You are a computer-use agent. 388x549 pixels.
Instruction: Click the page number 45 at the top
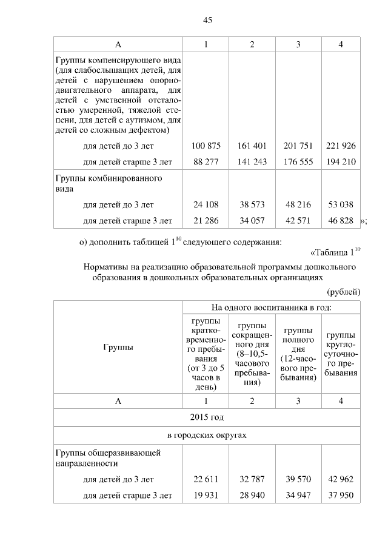(x=207, y=21)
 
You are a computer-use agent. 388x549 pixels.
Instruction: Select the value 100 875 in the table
(x=206, y=146)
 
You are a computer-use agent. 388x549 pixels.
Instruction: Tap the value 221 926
(x=340, y=146)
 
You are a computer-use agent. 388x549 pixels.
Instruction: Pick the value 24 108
(x=206, y=205)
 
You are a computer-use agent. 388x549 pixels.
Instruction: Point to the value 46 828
(x=340, y=220)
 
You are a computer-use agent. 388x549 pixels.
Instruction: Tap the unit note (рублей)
(x=344, y=291)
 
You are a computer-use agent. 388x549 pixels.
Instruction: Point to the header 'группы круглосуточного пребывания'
(x=340, y=354)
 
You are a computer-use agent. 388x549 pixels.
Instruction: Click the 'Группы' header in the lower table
(x=118, y=347)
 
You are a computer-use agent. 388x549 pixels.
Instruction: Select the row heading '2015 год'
(x=207, y=418)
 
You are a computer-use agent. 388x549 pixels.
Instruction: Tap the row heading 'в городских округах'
(x=207, y=436)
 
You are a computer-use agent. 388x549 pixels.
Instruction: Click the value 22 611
(x=206, y=479)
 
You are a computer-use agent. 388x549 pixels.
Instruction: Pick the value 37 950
(x=340, y=495)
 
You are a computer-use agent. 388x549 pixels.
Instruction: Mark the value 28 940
(x=252, y=495)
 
